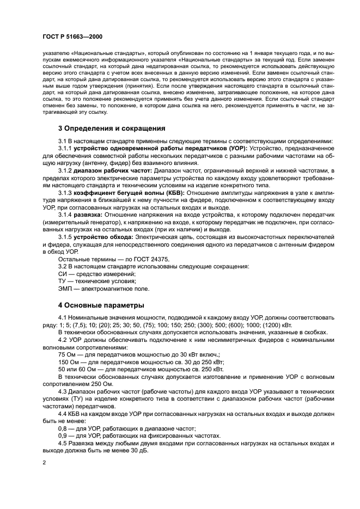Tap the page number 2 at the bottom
(x=44, y=463)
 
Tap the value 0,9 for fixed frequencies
(x=63, y=436)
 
